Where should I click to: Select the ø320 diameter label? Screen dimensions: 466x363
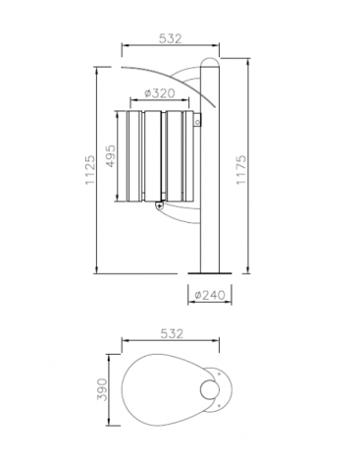tap(159, 94)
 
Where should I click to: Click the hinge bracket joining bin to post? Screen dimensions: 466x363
tap(197, 122)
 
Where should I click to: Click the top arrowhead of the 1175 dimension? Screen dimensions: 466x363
tap(250, 63)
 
